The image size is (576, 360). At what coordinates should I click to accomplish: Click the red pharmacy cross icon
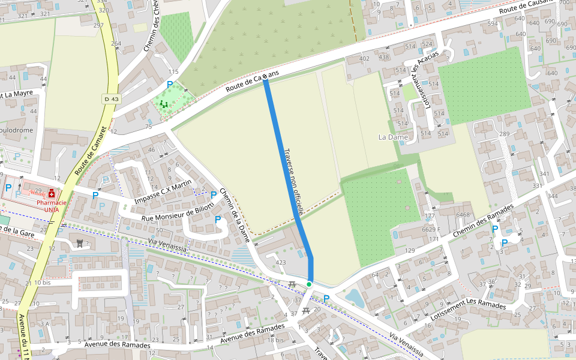[53, 194]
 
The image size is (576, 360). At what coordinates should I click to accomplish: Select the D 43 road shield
[112, 98]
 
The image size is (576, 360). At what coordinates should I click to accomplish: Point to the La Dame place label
[393, 137]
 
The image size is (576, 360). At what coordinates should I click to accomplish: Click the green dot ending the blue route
[309, 284]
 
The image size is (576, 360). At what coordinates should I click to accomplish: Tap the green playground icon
[164, 104]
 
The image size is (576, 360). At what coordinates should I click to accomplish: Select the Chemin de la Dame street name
[235, 215]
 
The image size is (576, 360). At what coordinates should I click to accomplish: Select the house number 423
[281, 262]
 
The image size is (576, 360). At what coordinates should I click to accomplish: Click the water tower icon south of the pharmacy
[79, 243]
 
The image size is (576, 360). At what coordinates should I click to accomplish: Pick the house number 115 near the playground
[173, 72]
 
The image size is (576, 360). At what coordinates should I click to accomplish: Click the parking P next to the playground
[170, 85]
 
